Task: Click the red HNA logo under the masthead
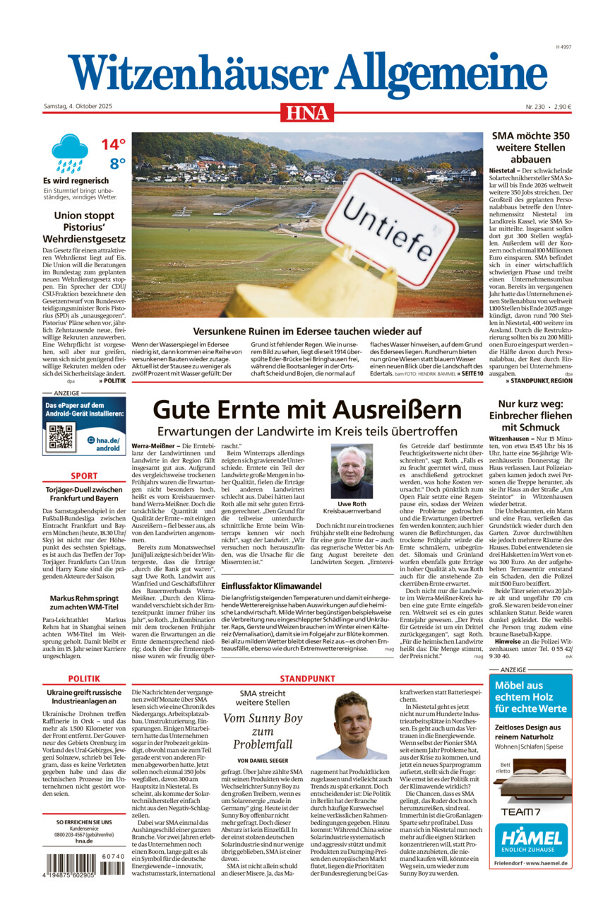307,112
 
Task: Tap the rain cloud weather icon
69,153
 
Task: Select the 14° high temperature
113,145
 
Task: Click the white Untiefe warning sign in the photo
399,226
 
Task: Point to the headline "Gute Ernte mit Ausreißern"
307,409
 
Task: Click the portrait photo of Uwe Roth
351,471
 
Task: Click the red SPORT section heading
84,476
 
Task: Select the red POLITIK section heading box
84,678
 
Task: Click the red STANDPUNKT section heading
307,678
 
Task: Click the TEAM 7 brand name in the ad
522,811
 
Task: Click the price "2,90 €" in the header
562,107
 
